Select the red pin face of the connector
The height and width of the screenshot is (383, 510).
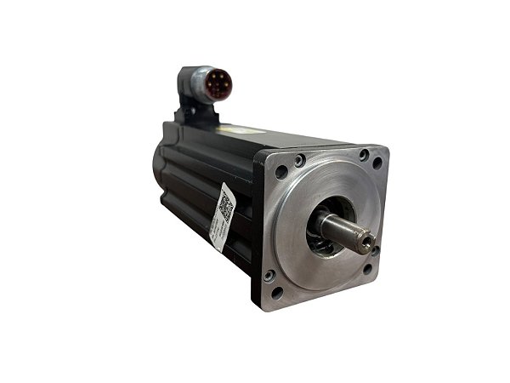218,84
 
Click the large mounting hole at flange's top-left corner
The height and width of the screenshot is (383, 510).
281,171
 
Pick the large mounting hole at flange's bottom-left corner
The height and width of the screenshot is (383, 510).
277,291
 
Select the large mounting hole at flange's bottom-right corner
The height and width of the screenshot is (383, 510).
368,268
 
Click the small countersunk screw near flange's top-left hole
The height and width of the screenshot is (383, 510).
299,160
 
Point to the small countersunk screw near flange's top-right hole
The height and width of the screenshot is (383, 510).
364,155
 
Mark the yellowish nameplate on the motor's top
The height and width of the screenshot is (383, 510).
235,129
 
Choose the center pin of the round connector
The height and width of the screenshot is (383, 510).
218,84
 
